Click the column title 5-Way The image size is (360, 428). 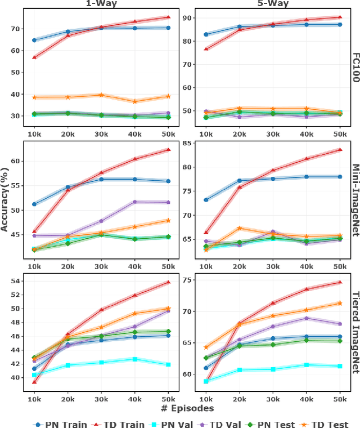[x=273, y=3]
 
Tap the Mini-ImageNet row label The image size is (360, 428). [x=355, y=200]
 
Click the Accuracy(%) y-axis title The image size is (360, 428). [x=6, y=200]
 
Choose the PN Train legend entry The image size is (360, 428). [x=53, y=424]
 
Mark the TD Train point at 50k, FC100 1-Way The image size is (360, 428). [x=168, y=17]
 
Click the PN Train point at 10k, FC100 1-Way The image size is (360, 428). [x=34, y=40]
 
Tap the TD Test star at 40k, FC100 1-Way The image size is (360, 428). [x=134, y=101]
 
